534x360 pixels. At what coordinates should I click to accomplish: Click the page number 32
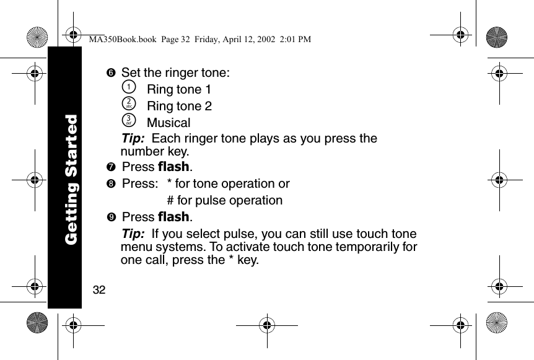(98, 289)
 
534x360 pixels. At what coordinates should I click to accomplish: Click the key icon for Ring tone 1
(128, 89)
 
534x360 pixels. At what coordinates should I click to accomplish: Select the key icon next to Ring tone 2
(128, 105)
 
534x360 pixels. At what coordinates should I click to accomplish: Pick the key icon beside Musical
(128, 122)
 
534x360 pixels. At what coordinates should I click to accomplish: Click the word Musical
(169, 123)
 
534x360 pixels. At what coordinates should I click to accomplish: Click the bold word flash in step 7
(174, 167)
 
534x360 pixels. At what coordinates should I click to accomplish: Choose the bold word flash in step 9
(174, 217)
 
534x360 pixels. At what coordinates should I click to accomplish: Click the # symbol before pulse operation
(170, 201)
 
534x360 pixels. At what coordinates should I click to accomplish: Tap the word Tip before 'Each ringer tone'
(133, 138)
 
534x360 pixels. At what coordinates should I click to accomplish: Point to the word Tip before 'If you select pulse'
(133, 234)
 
